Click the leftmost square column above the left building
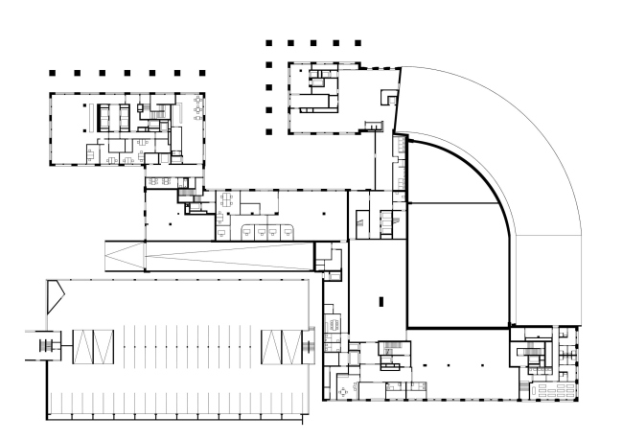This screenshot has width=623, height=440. (x=55, y=73)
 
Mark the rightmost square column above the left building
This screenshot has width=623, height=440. (x=198, y=73)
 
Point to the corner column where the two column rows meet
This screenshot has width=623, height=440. (x=270, y=43)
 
